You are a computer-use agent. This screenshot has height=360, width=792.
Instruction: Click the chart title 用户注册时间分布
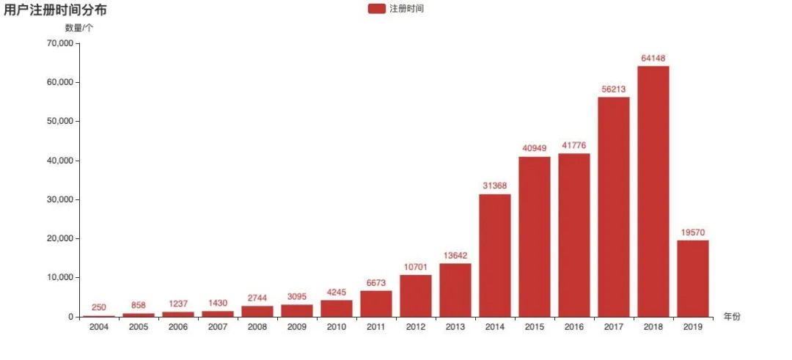tap(55, 10)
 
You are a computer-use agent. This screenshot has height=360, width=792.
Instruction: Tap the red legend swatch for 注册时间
tap(377, 9)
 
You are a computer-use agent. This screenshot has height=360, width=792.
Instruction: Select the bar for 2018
tap(653, 191)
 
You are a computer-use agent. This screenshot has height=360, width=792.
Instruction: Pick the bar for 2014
tap(495, 255)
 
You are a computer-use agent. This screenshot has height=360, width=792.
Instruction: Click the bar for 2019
tap(692, 279)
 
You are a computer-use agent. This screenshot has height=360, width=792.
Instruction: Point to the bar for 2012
tap(416, 295)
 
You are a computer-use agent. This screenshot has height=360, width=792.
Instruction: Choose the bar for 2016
tap(573, 235)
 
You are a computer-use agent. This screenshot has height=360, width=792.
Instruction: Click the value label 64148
tap(653, 59)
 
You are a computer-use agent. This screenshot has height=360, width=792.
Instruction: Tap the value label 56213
tap(613, 89)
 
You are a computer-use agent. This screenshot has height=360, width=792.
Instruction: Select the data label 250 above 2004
tap(99, 307)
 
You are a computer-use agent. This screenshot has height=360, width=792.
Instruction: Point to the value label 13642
tap(455, 256)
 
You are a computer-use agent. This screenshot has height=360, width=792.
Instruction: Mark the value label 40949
tap(535, 148)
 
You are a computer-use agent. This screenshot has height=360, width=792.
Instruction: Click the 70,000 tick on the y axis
tap(58, 43)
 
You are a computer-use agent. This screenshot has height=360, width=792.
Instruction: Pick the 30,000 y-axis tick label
tap(58, 199)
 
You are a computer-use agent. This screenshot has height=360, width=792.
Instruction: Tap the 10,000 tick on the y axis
tap(58, 278)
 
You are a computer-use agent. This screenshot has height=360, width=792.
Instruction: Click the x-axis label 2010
tap(337, 327)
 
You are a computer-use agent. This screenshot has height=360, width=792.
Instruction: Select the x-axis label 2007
tap(218, 327)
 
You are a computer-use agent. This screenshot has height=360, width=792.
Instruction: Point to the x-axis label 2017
tap(613, 327)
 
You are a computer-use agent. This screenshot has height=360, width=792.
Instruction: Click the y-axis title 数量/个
tap(79, 28)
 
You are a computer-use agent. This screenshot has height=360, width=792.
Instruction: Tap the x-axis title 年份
tap(732, 317)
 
